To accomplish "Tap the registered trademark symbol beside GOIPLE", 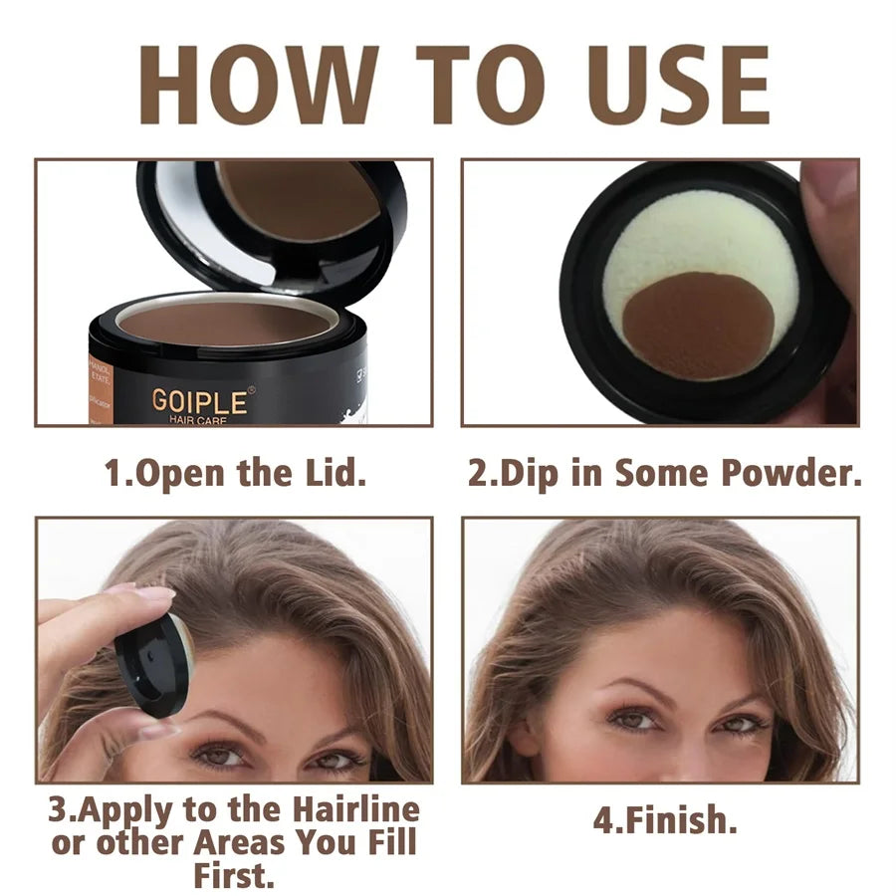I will (x=251, y=389).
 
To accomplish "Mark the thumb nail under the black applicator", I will (x=159, y=730).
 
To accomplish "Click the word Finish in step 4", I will (x=673, y=820).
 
